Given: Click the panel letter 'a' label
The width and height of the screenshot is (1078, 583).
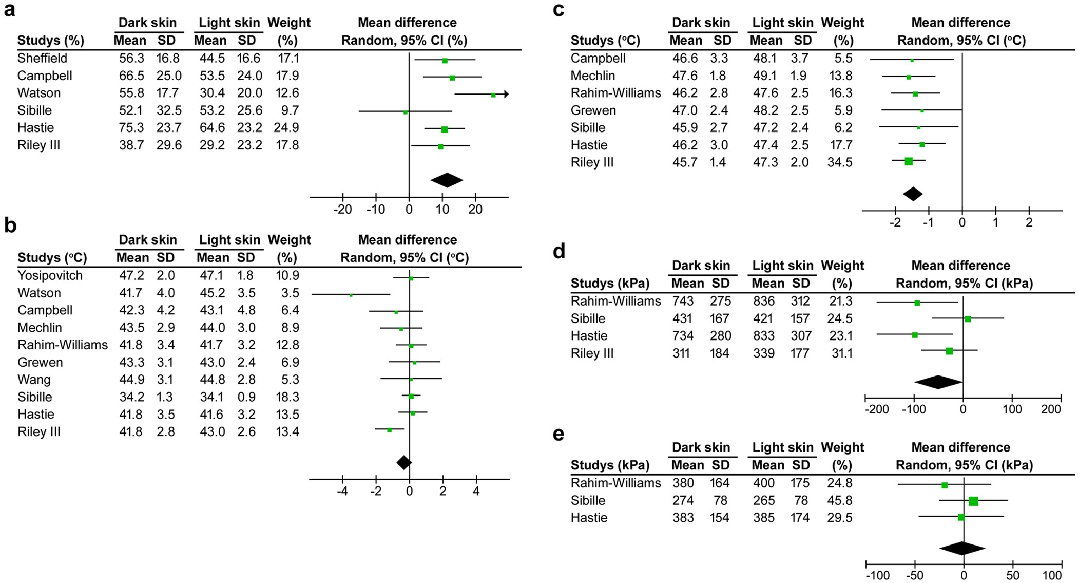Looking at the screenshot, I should point(9,10).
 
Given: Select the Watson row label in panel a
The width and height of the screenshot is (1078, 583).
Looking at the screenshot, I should point(39,93).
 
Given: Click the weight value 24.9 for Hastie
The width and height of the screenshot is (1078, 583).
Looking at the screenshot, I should point(287,128).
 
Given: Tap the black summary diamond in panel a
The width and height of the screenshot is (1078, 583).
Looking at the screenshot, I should point(447,180).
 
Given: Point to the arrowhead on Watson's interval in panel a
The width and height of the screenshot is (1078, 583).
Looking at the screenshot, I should point(506,94).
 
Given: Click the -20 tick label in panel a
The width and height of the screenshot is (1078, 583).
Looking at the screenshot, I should point(342,210).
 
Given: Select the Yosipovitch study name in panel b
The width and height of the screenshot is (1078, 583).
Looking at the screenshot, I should point(50,275).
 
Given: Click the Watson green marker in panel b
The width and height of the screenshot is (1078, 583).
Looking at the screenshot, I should point(351,295).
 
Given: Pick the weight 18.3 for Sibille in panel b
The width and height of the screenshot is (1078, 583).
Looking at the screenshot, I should point(287,397).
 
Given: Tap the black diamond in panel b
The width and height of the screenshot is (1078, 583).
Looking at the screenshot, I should point(404,462).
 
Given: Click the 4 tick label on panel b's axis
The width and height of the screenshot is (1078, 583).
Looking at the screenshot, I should point(476,492).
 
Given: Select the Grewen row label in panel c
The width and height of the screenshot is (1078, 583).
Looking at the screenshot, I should point(593,110).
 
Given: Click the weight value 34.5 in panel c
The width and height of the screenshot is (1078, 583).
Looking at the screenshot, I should point(840,162).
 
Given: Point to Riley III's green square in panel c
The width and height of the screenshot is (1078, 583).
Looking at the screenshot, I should point(909,161).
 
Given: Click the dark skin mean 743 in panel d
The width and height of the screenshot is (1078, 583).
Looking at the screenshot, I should point(683,302).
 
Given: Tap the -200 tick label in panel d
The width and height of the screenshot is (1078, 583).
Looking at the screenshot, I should point(876,410).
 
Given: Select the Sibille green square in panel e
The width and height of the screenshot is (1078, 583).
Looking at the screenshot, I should point(973,501).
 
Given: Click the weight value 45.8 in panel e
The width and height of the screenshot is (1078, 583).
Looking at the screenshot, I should point(840,501).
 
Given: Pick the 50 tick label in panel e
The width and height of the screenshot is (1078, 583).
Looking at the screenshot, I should point(1012,576).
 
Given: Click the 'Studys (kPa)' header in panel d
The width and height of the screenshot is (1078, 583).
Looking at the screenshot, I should point(610,284).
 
